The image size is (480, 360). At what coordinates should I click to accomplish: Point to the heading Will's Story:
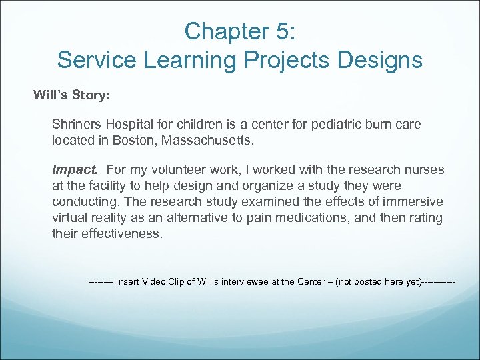[x=72, y=95]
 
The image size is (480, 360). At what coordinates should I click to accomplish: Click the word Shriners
[x=76, y=125]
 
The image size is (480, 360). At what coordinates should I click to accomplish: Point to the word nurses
[x=425, y=170]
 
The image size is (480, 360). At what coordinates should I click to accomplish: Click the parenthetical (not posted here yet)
[x=379, y=281]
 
